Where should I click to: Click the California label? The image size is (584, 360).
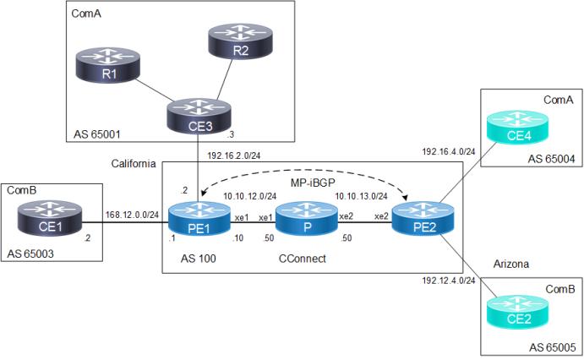[x=133, y=164]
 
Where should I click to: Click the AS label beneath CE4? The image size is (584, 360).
[x=551, y=159]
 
